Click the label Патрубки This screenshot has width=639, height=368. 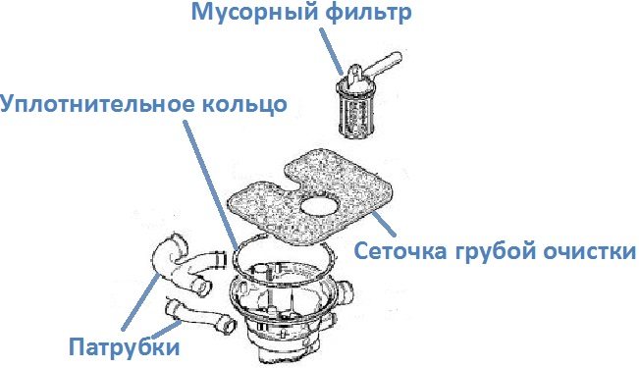[125, 346]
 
